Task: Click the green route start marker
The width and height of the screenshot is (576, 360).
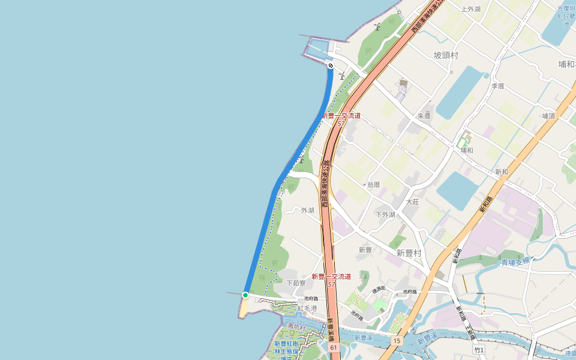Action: coord(245,295)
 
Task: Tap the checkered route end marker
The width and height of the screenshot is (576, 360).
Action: coord(331,65)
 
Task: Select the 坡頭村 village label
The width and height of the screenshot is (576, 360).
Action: coord(446,55)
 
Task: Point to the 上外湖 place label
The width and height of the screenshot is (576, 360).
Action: coord(470,9)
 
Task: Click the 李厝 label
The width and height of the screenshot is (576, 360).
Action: coord(498,86)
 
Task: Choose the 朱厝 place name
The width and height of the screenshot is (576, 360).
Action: coord(424,116)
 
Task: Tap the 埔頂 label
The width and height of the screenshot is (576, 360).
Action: coord(548,116)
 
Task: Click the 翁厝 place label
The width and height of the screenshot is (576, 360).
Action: coord(373,184)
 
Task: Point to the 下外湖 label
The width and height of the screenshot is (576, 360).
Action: coord(385,214)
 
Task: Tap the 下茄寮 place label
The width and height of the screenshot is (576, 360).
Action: coord(296,283)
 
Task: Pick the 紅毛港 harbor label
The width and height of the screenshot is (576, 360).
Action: coord(307,308)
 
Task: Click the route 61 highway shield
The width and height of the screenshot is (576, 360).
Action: coord(334,347)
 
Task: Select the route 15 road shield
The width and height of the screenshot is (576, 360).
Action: coord(397,341)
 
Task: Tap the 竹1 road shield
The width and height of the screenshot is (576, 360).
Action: coord(478,349)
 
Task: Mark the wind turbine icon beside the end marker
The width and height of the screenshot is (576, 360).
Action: coord(341,76)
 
